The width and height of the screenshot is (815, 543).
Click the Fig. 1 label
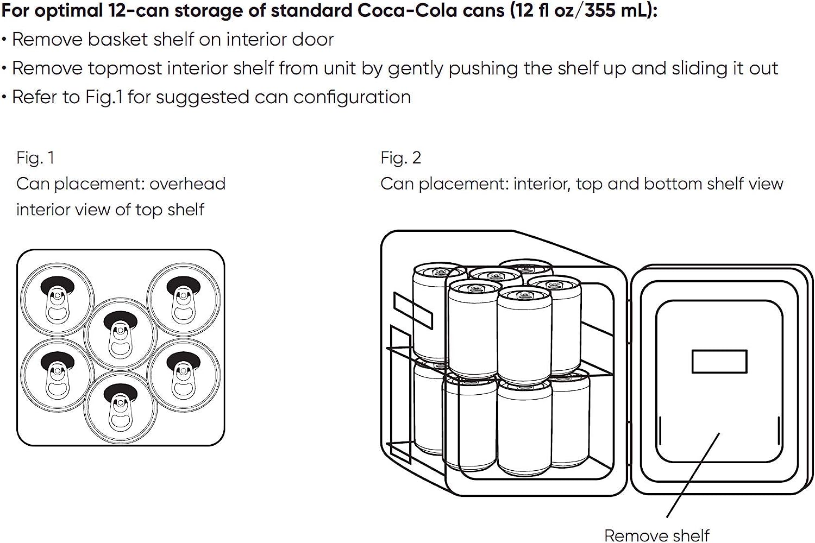35,158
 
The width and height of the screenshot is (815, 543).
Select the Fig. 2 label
400,158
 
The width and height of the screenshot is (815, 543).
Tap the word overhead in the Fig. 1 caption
187,184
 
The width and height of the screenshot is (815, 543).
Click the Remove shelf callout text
656,535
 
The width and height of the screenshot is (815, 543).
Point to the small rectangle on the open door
719,362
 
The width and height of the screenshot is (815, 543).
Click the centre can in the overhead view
120,334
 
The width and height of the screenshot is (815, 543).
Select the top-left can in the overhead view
57,299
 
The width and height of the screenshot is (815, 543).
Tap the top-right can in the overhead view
184,299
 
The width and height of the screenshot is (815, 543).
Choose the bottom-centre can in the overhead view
120,407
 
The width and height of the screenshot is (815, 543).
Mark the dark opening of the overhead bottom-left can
57,359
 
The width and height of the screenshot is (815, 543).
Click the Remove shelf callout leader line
693,475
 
